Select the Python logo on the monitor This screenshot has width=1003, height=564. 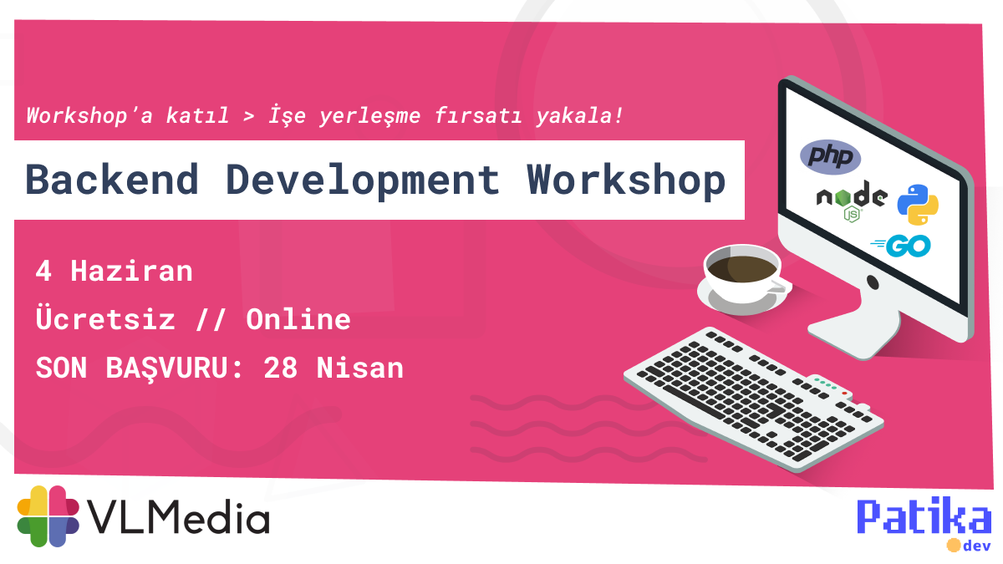point(918,205)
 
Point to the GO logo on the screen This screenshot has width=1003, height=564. point(903,246)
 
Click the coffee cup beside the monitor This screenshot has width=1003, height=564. point(741,272)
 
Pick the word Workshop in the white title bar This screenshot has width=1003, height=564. point(626,180)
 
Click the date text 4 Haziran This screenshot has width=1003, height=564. point(115,271)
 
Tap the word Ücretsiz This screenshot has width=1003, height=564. point(105,319)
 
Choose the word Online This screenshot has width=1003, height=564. point(298,319)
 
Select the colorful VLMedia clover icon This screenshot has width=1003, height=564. point(48,516)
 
